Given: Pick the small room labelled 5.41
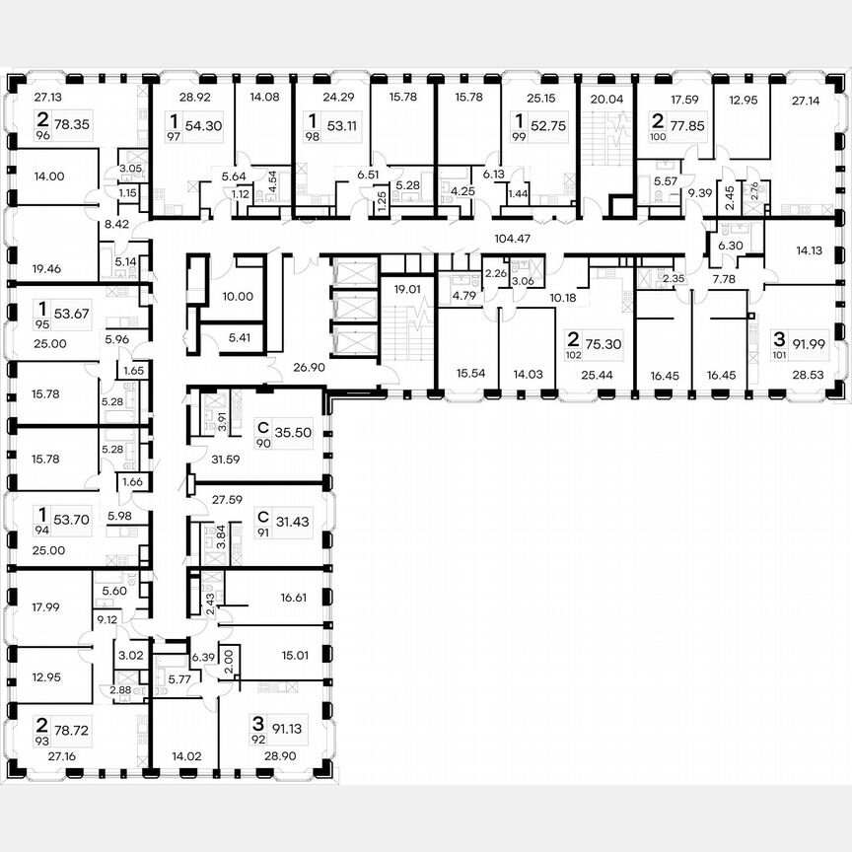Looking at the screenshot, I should coord(238,338).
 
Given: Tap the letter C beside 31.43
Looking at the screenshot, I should coord(263,516).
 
